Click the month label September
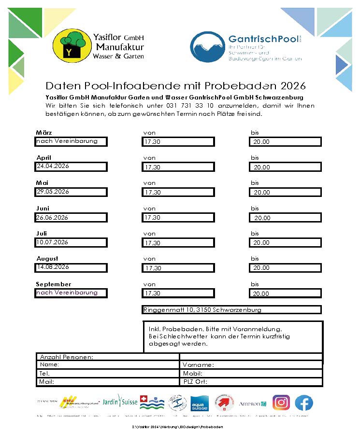(54, 284)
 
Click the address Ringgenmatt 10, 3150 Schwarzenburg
(202, 310)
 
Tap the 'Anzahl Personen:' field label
(67, 357)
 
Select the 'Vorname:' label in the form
(198, 365)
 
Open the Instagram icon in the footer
(281, 403)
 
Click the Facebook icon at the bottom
(304, 403)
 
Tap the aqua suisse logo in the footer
(199, 404)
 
